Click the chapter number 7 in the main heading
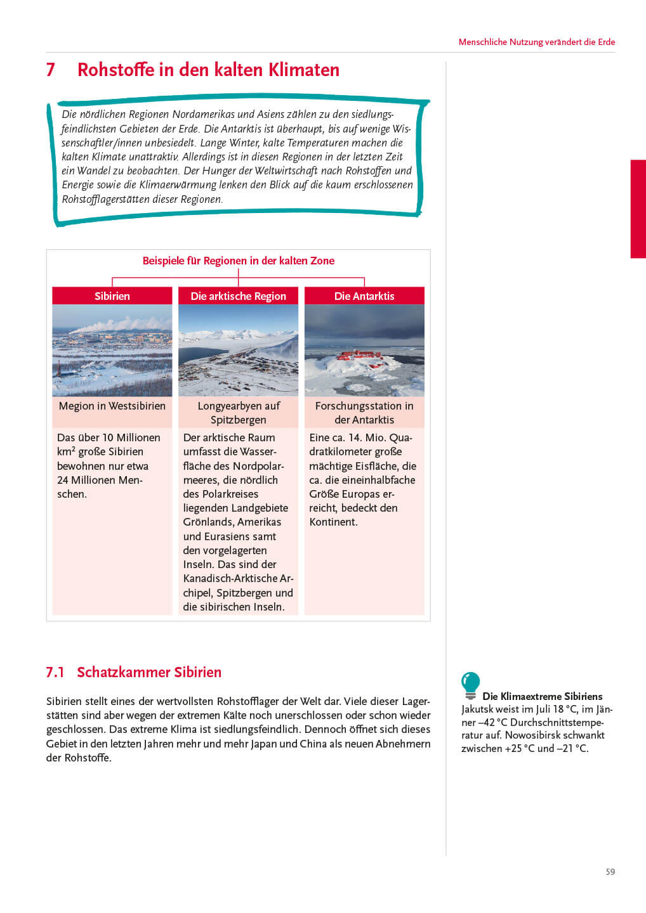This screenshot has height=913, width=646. pos(51,70)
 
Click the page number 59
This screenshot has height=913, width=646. pos(610,872)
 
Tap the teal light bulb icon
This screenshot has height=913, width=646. pos(470,684)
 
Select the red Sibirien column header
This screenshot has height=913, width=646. pos(112,296)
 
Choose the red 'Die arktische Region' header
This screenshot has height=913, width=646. pos(238,296)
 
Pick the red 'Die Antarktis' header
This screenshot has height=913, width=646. pos(364,296)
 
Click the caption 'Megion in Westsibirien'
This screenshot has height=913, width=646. pos(112,406)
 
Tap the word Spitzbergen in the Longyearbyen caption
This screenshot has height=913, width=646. pos(238,420)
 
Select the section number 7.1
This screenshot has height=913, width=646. pos(55,672)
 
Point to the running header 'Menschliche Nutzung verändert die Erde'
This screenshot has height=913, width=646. pos(536,42)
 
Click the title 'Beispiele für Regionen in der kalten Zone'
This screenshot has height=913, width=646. pos(238,261)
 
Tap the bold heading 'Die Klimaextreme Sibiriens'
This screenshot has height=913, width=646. pos(542,696)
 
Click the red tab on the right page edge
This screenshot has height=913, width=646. pos(638,209)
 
